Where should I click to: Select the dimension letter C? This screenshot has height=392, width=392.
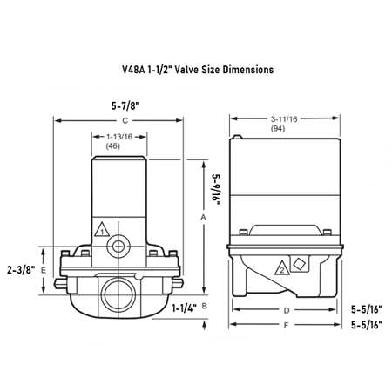125,118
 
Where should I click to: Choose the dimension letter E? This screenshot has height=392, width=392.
44,271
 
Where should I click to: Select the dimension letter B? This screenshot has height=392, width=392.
203,307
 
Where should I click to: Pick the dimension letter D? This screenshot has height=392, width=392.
284,310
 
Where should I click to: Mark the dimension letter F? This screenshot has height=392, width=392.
284,327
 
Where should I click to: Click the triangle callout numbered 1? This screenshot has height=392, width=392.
102,232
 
